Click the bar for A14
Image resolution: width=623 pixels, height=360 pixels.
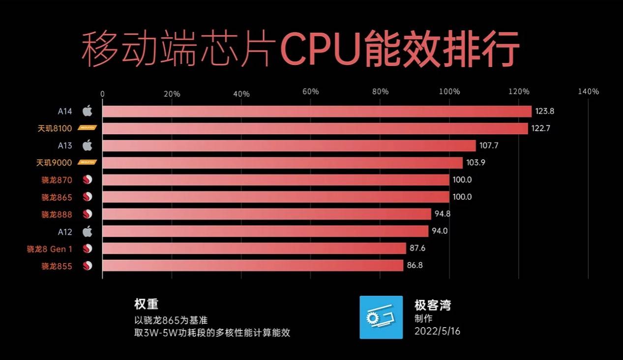[x=317, y=111]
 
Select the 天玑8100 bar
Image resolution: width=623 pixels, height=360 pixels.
[x=315, y=128]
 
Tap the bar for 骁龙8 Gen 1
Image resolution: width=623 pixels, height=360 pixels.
[x=254, y=248]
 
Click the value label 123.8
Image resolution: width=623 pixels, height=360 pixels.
[x=545, y=111]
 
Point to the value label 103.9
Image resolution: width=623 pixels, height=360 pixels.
[x=475, y=163]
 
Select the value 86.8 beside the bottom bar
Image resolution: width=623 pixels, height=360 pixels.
[x=414, y=266]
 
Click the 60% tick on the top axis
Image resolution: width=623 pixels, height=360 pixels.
[x=311, y=91]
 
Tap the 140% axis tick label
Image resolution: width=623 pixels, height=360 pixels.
[x=588, y=91]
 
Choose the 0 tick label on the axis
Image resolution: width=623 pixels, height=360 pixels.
[x=102, y=93]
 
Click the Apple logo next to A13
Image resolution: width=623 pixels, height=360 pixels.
[x=87, y=146]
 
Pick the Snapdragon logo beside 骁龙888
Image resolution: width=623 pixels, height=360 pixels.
[x=88, y=214]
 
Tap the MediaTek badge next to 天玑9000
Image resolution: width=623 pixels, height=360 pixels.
[x=87, y=163]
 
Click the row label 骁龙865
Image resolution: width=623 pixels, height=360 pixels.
[x=57, y=197]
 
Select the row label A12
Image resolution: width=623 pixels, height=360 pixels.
[x=65, y=232]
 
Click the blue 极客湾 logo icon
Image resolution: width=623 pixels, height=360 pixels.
[x=381, y=317]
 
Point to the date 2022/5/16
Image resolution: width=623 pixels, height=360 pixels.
[x=437, y=331]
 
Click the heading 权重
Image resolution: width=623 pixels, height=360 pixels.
[x=146, y=304]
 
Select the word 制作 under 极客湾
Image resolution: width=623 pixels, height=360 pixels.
[x=424, y=319]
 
